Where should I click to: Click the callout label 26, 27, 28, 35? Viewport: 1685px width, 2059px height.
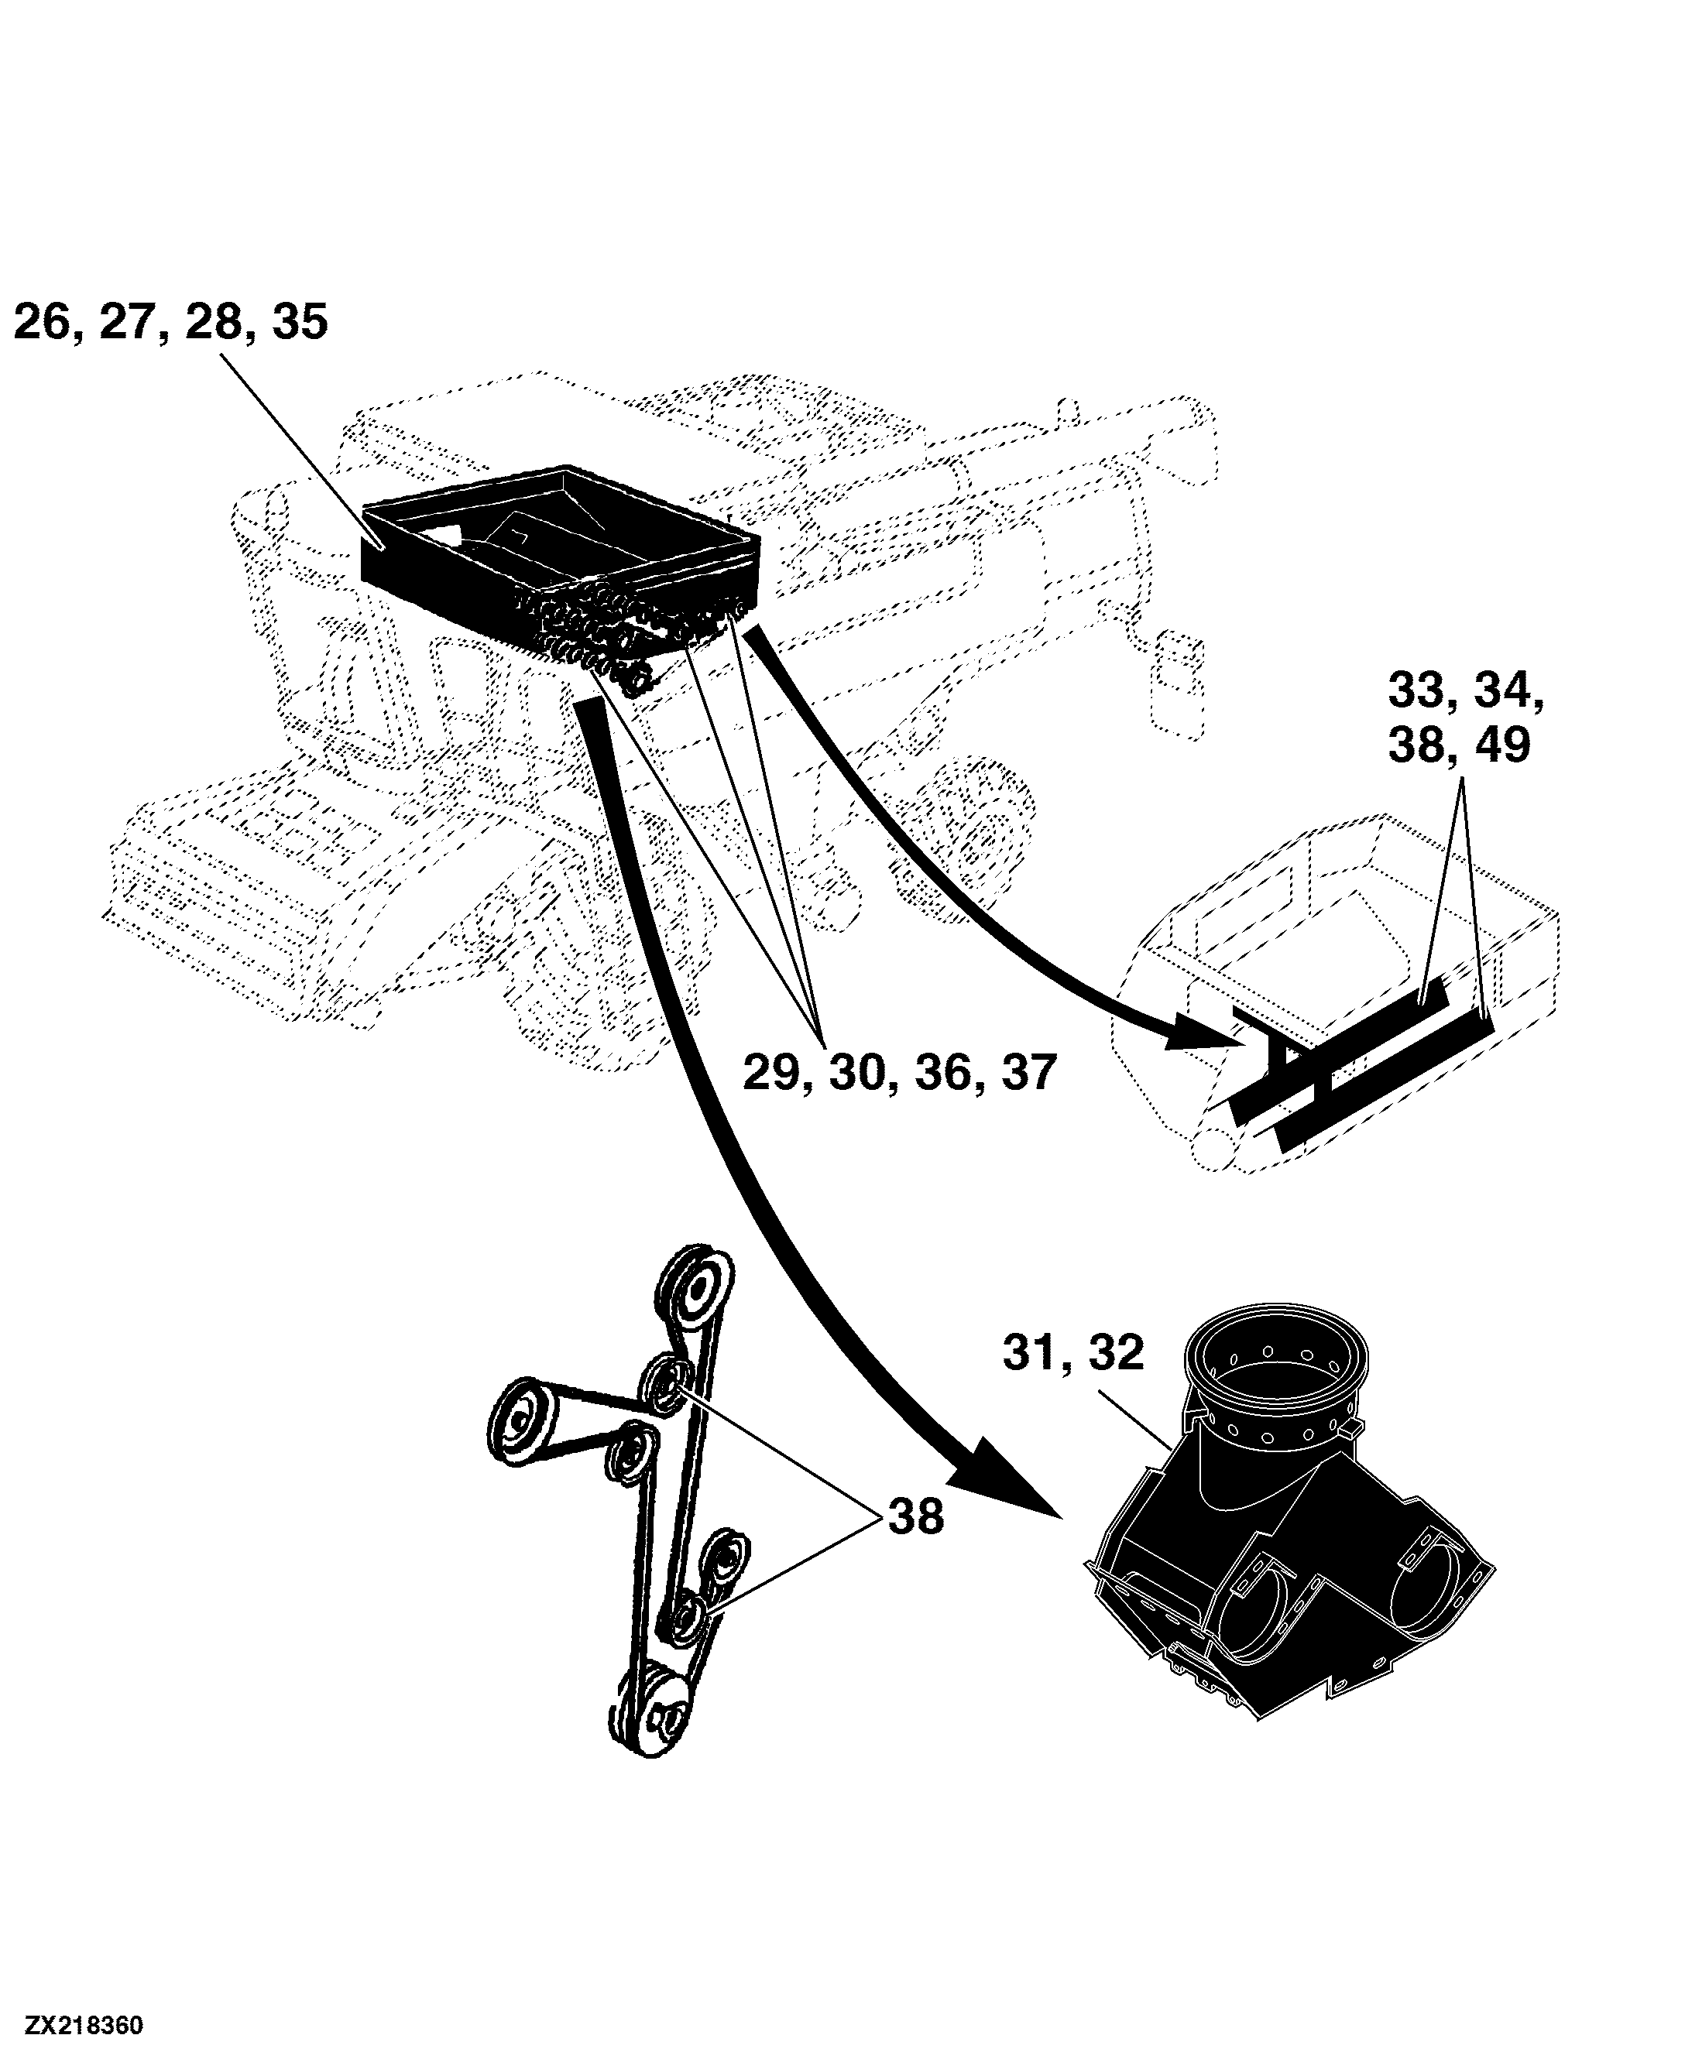click(x=171, y=323)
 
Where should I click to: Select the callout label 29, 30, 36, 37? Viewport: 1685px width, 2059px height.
click(x=899, y=1073)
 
